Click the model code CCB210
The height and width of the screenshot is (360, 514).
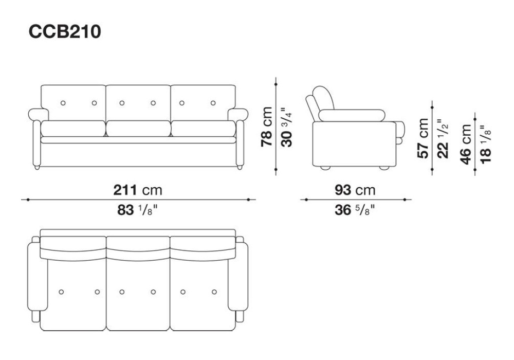[65, 32]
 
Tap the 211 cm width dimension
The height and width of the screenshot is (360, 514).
[138, 190]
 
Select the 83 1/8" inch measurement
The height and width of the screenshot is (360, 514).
[138, 210]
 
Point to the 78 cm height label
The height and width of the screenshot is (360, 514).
[266, 127]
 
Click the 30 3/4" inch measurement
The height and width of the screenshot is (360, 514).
[286, 127]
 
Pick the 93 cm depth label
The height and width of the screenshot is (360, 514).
[355, 190]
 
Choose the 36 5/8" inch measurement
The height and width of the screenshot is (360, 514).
[354, 210]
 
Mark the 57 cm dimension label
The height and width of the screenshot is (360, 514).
[423, 138]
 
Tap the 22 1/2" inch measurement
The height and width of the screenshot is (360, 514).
[443, 138]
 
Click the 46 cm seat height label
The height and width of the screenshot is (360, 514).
[466, 144]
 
